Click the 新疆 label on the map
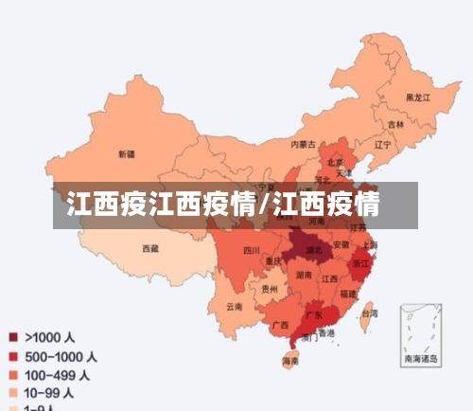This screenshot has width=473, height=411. pyautogui.click(x=126, y=153)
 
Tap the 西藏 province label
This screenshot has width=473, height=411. pyautogui.click(x=150, y=249)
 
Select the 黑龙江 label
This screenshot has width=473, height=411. pyautogui.click(x=418, y=98)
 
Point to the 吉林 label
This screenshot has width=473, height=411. pyautogui.click(x=395, y=124)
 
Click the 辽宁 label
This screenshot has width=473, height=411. pyautogui.click(x=382, y=145)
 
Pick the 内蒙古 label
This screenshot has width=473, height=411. pyautogui.click(x=303, y=144)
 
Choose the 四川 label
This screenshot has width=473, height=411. pyautogui.click(x=251, y=251)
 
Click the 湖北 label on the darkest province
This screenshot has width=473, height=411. pyautogui.click(x=323, y=251)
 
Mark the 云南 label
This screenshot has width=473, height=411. pyautogui.click(x=234, y=306)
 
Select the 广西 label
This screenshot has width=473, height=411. pyautogui.click(x=280, y=325)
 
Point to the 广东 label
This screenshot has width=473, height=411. pyautogui.click(x=314, y=314)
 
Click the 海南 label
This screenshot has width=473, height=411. pyautogui.click(x=290, y=361)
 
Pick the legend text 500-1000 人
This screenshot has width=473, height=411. pyautogui.click(x=60, y=357)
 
